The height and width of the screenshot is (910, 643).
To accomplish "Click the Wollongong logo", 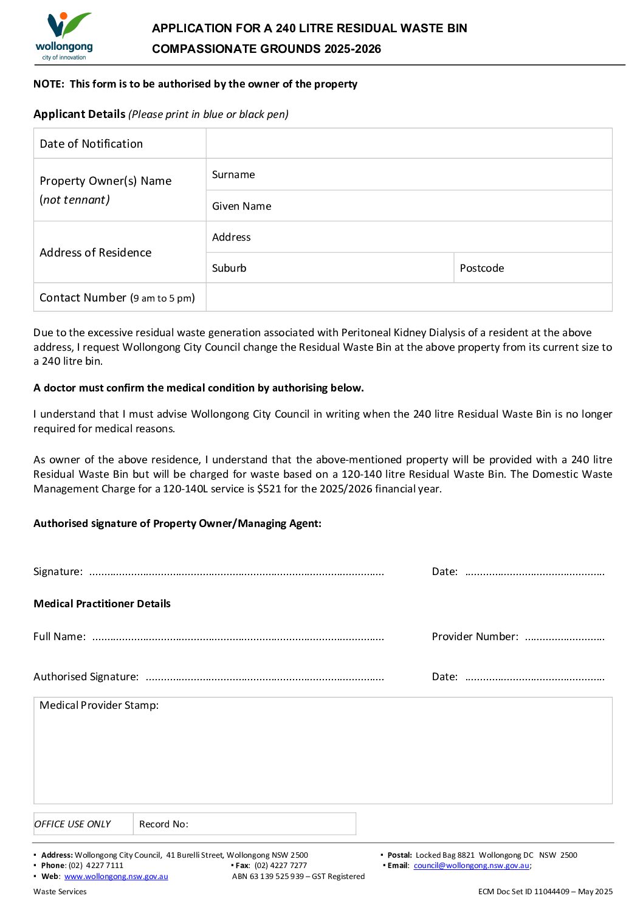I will click(x=64, y=36).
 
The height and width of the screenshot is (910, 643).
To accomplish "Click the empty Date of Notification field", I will click(x=408, y=143).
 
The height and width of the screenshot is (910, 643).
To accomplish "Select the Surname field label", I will click(x=233, y=175).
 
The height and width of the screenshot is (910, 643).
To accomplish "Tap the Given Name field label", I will click(x=241, y=207).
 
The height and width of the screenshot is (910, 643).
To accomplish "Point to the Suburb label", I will click(x=229, y=269).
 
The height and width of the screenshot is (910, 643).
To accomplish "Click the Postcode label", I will click(x=481, y=269).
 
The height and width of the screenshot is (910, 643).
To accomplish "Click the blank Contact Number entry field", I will click(x=408, y=298).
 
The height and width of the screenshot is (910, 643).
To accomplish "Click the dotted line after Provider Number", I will click(x=565, y=638).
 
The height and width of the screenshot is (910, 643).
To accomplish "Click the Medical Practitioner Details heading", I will click(x=102, y=604).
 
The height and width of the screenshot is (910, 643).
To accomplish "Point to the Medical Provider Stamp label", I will click(x=99, y=706).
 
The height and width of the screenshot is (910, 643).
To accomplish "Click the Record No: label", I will click(x=163, y=824).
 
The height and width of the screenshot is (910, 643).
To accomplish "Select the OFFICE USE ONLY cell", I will click(x=73, y=824).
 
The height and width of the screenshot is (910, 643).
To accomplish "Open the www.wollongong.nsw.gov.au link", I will click(x=116, y=877).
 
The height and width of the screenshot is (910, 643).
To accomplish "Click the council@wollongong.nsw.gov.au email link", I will click(x=471, y=866).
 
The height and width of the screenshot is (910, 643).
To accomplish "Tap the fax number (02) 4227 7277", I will click(x=280, y=866).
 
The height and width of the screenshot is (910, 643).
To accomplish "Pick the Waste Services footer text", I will click(x=60, y=892).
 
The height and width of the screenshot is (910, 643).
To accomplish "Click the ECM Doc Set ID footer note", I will click(x=545, y=892).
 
